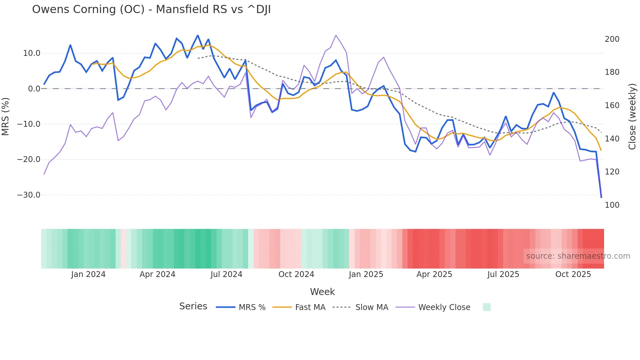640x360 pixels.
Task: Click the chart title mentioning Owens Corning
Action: coord(151,9)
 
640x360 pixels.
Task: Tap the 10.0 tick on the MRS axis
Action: coord(32,53)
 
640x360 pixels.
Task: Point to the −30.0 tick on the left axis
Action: coord(29,195)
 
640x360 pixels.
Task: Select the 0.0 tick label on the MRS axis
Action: coord(34,89)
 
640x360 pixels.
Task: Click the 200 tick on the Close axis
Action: coord(612,39)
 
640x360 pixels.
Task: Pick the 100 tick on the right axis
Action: coord(612,205)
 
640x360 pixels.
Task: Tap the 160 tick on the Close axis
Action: coord(612,106)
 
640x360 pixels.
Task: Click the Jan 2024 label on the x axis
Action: coord(88,274)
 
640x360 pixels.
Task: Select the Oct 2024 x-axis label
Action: coord(296,274)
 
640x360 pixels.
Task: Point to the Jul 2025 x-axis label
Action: coord(503,274)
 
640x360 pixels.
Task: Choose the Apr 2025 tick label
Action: coord(434,274)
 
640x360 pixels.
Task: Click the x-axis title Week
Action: coord(322,292)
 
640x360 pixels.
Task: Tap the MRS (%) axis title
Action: coord(6,117)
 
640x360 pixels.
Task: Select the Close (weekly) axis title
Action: coord(632,117)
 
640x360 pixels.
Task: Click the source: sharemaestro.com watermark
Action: coord(578,256)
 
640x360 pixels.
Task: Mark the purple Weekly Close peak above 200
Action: coord(336,35)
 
